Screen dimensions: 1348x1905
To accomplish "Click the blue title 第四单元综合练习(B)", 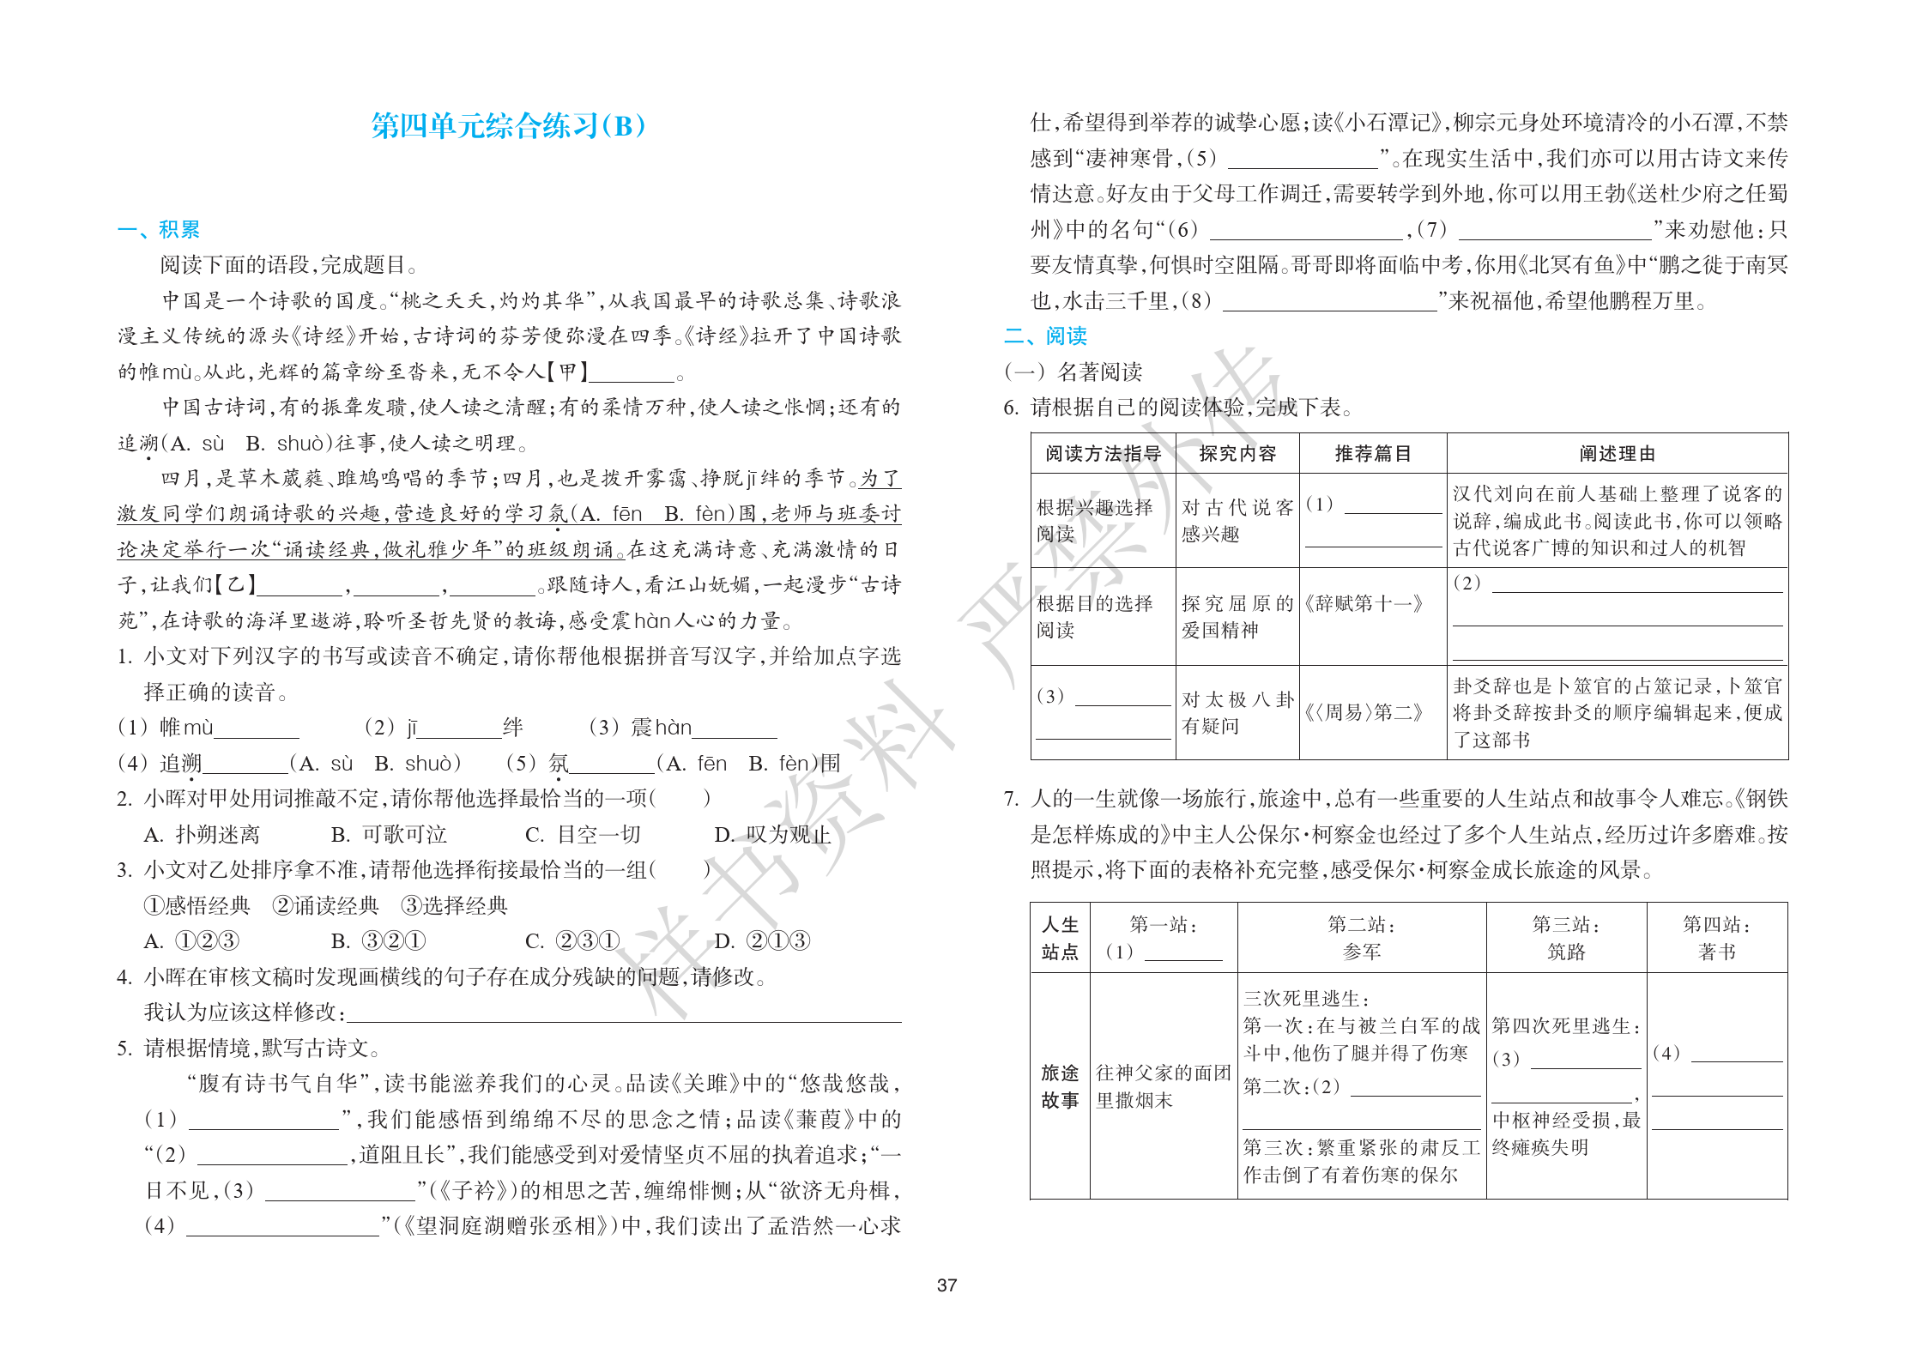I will point(508,126).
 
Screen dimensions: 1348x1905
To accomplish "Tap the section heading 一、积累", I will point(159,229).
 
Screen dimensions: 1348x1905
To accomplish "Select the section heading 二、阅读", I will point(1045,335).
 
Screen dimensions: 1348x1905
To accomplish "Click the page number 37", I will point(946,1285).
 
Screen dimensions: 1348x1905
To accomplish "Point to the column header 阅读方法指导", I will point(1103,453).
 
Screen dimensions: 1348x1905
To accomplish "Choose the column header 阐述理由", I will point(1617,453).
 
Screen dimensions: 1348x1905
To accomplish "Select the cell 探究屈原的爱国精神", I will point(1237,616).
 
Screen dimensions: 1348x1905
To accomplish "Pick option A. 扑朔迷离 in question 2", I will point(202,834).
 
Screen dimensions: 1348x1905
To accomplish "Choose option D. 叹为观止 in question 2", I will point(772,834).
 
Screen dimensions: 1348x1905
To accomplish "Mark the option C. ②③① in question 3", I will point(572,941).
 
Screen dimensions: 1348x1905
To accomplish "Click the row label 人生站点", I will point(1060,938).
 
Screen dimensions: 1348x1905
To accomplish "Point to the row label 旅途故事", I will point(1060,1086).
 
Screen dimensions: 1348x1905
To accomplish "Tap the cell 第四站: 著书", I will point(1716,938).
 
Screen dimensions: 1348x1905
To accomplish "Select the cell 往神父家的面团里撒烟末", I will point(1163,1086).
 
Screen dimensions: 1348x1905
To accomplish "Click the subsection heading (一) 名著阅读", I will point(1073,372).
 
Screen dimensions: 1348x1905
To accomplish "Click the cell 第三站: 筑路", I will point(1566,938).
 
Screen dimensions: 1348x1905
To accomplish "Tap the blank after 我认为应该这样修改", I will point(622,1013).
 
